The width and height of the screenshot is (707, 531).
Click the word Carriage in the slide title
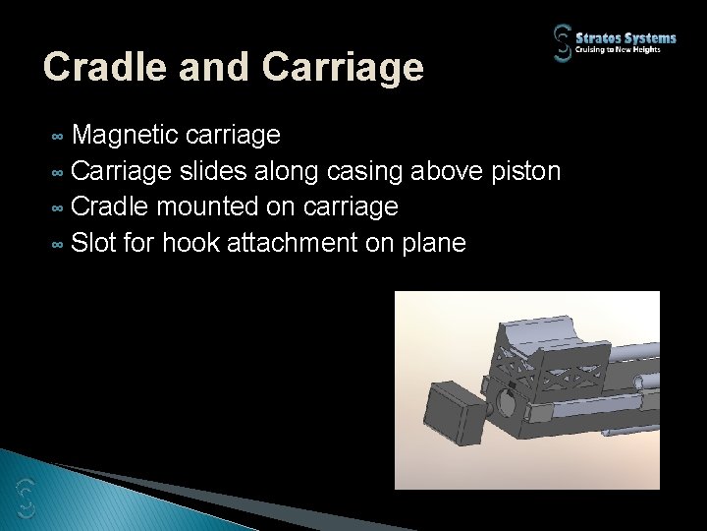345,67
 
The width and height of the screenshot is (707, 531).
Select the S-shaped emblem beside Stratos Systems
564,43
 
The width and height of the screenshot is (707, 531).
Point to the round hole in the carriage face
508,402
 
